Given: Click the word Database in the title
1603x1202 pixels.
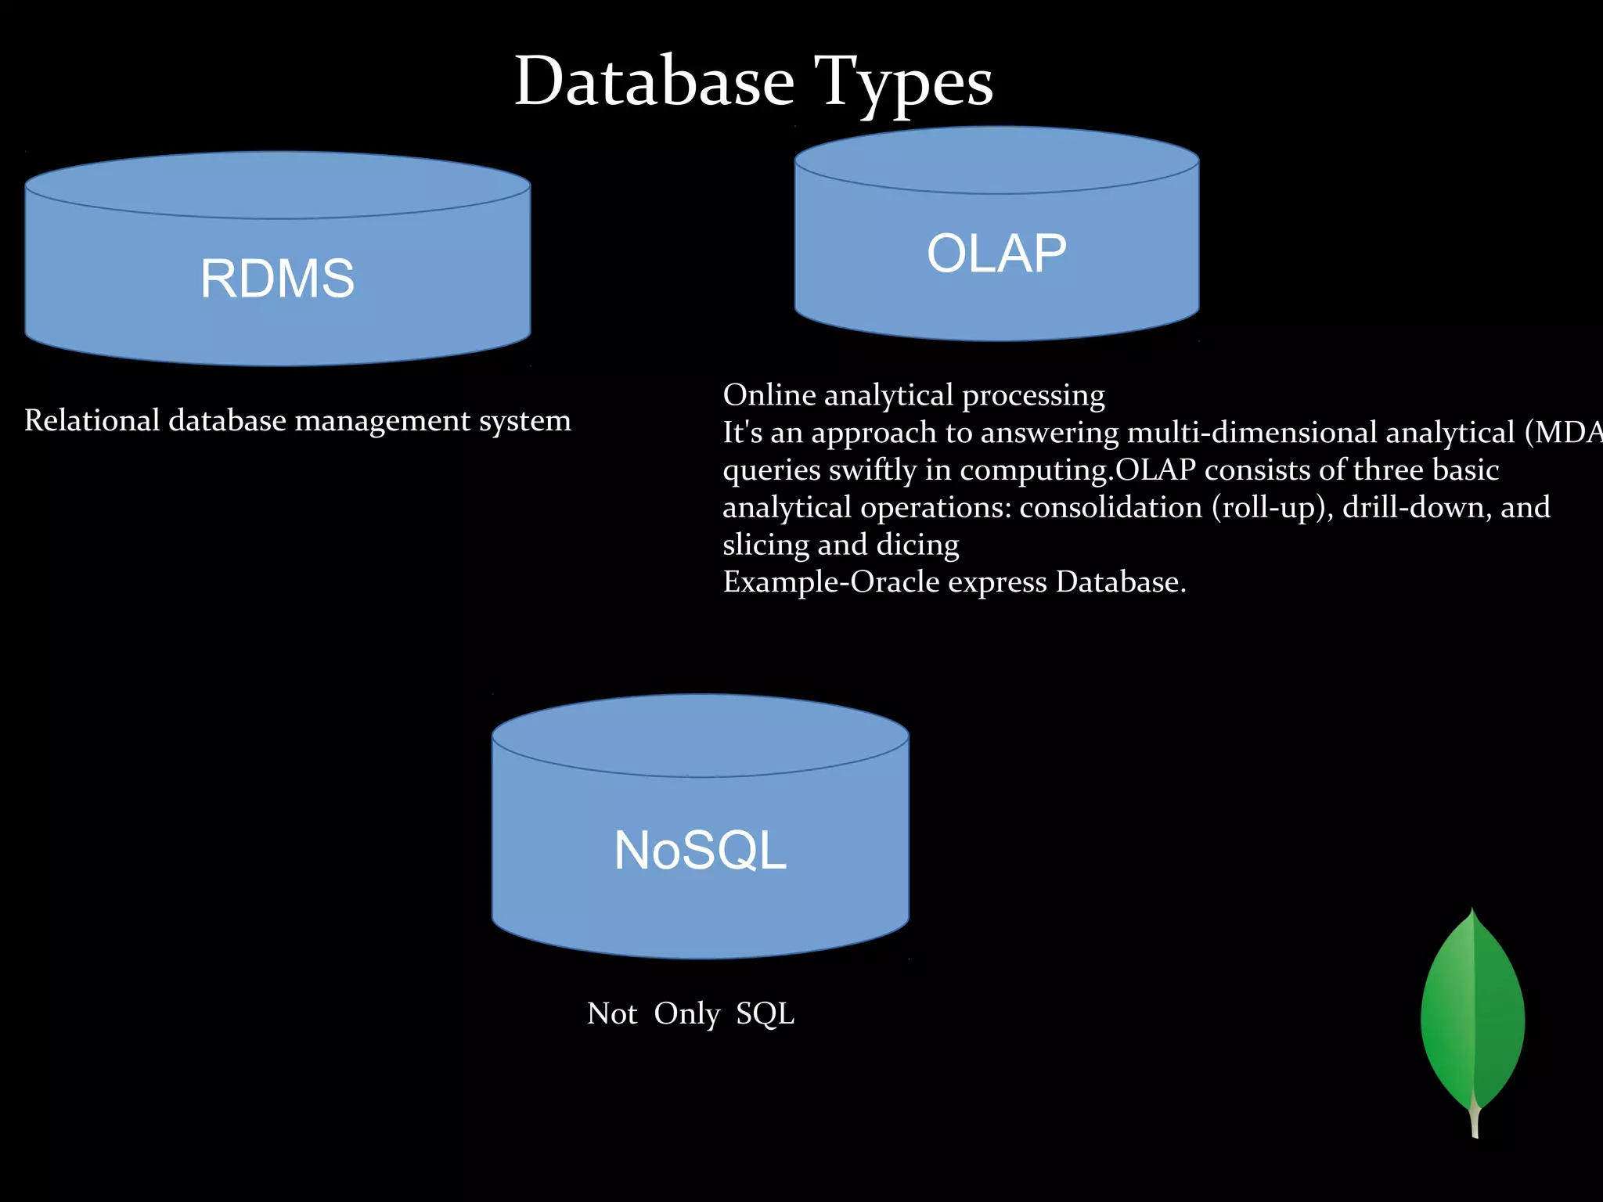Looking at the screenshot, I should pos(654,82).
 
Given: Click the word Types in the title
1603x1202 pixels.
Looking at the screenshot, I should pos(903,82).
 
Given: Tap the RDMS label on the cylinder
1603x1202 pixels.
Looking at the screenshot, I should pos(277,278).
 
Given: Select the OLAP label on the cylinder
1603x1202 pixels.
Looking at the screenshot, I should pos(996,254).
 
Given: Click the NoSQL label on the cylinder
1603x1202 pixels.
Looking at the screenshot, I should pos(700,850).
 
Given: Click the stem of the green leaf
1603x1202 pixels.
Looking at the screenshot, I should pos(1475,1119).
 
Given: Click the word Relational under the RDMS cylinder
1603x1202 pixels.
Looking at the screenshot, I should pos(92,421).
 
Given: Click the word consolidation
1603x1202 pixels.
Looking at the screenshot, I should pos(1110,507).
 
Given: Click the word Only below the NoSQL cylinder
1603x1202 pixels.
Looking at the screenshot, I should pos(686,1014).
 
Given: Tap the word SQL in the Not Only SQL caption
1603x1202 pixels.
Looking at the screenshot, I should pos(765,1013).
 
